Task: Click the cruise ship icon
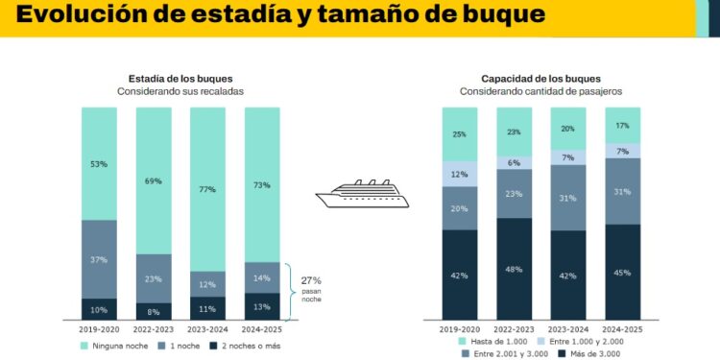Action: [362, 195]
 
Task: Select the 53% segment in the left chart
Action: [99, 163]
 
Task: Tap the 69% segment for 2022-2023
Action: [153, 180]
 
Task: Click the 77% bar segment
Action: [207, 189]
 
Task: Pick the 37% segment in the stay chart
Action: [99, 259]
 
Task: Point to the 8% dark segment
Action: [153, 311]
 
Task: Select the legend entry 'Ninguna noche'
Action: [115, 345]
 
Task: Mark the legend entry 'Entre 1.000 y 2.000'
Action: [588, 340]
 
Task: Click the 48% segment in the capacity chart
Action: [514, 269]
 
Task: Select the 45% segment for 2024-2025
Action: [622, 272]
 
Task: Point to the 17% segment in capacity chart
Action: [622, 125]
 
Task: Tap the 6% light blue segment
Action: [514, 163]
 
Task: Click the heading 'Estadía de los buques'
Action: [180, 79]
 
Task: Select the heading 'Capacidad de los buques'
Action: [540, 79]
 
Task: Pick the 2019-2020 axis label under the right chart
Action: [460, 328]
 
